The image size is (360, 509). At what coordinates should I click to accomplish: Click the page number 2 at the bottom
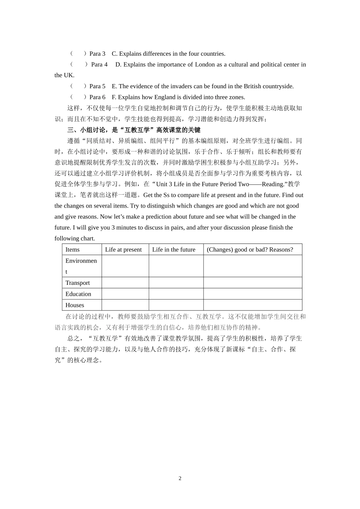pos(180,478)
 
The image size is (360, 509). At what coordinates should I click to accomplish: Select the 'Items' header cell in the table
pos(72,250)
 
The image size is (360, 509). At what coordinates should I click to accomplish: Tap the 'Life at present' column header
pos(123,250)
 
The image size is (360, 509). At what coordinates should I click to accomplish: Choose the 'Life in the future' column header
pos(174,250)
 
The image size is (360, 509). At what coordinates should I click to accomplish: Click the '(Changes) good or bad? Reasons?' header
pos(250,250)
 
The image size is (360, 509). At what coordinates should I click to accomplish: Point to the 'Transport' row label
pos(78,283)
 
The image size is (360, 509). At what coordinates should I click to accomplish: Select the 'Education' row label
pos(78,294)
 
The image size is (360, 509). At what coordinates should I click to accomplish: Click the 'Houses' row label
pos(75,305)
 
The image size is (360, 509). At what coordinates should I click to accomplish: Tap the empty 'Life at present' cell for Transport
pos(125,283)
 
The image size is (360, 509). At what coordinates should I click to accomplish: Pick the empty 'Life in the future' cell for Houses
pos(176,305)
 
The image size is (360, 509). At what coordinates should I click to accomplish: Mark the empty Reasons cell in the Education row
pos(252,294)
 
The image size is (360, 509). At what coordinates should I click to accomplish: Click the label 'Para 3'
pos(97,54)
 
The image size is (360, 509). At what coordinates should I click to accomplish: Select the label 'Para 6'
pos(97,97)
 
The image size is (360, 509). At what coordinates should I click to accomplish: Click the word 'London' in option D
pos(205,64)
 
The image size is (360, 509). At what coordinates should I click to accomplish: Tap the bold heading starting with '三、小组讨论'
pos(134,130)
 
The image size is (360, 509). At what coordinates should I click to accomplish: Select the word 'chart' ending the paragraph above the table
pos(88,239)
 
